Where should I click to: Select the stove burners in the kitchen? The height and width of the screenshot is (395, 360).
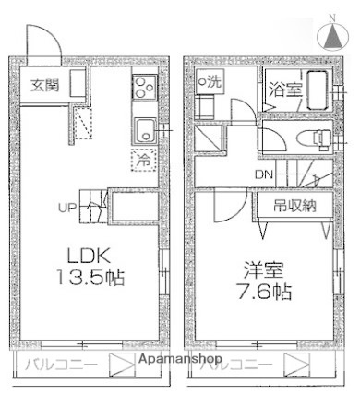click(x=144, y=90)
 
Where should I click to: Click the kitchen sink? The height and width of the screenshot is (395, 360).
click(x=145, y=129)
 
